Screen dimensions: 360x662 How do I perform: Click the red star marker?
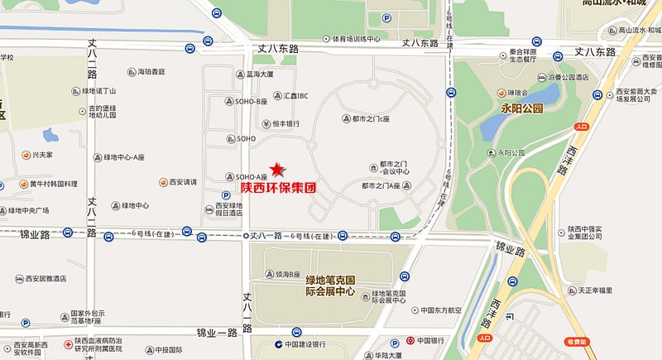click(276, 169)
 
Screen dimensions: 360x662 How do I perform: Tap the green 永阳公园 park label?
click(521, 108)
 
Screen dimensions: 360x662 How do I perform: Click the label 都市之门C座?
click(370, 118)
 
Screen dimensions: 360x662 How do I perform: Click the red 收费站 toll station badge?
click(576, 341)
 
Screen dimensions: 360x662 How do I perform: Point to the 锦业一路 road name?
click(217, 333)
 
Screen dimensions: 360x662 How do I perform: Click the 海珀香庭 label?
click(151, 72)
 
